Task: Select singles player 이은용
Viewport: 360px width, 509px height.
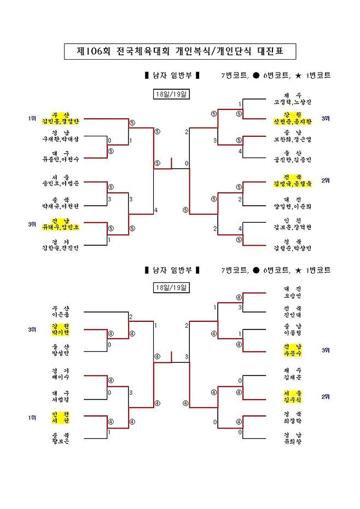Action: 60,315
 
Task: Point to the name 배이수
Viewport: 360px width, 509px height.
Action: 60,377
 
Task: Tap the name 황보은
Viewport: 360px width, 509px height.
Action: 60,440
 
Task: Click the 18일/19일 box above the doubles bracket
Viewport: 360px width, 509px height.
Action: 171,94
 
